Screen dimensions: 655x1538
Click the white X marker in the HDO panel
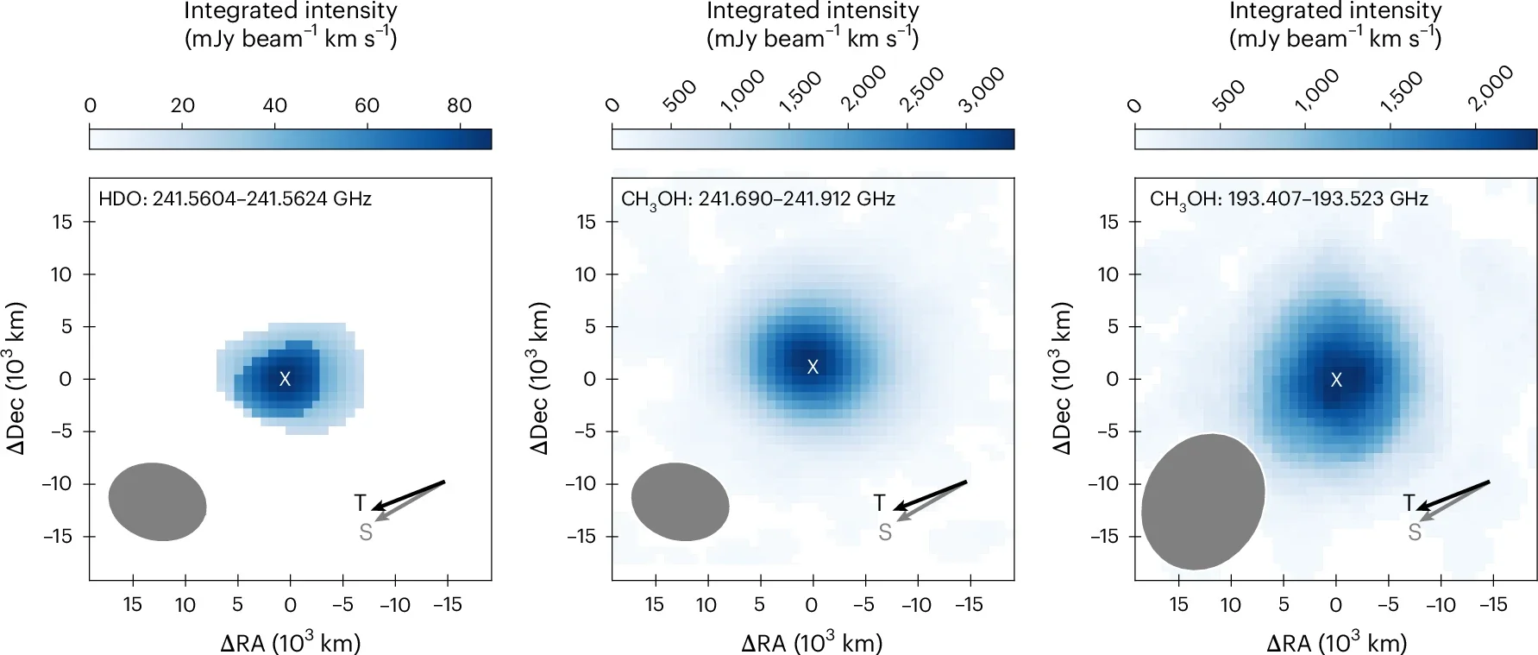click(285, 379)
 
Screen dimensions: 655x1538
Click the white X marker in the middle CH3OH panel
click(812, 367)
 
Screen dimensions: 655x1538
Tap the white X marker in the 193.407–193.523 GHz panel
click(1336, 380)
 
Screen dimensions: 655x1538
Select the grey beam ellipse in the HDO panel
click(157, 502)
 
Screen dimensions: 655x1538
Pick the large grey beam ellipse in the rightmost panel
click(1202, 502)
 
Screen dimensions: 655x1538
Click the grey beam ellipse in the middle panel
click(680, 502)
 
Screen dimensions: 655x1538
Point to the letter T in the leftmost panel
click(361, 502)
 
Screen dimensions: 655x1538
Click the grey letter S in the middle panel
click(885, 533)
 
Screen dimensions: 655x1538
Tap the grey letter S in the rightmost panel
click(1415, 533)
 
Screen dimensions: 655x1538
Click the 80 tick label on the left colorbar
click(459, 106)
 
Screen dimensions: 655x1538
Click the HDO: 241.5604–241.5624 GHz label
click(235, 199)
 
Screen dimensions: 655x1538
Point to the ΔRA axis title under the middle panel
click(811, 643)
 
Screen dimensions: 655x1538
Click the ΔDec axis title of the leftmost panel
click(18, 379)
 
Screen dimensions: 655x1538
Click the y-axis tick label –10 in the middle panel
click(581, 484)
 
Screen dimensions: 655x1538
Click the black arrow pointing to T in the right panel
click(1454, 494)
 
